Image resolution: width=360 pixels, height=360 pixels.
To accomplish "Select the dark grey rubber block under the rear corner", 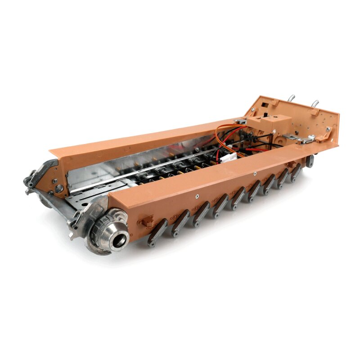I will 310,161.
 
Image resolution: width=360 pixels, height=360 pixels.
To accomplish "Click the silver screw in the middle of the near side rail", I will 255,174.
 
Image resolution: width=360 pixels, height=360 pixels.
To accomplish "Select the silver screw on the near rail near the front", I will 197,196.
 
